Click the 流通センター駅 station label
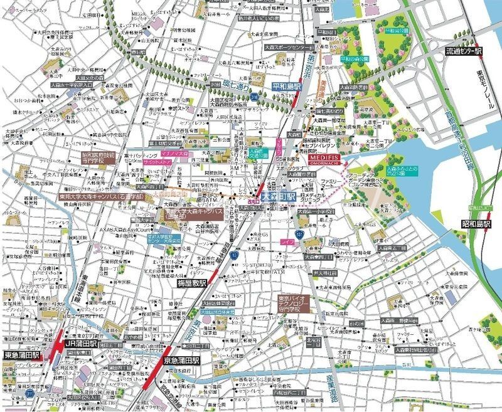462,53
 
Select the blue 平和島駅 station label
288,85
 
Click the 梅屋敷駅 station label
188,283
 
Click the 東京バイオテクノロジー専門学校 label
297,305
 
